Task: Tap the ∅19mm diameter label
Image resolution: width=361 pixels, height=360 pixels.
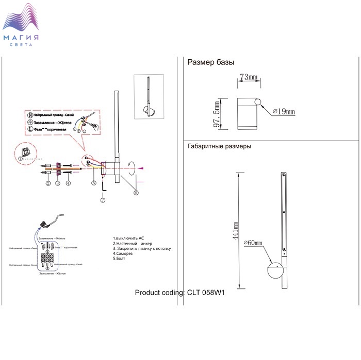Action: point(283,111)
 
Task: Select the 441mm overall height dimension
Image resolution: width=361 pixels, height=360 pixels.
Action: point(236,232)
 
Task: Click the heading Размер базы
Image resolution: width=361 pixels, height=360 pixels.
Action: point(211,63)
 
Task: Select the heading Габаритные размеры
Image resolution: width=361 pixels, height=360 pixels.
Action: point(219,146)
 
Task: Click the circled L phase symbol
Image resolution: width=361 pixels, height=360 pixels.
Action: point(29,129)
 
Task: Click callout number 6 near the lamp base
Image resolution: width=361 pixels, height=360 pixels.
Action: point(136,193)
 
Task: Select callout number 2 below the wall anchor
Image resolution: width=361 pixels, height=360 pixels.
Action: point(47,183)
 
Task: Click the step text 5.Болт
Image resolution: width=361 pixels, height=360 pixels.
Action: point(120,259)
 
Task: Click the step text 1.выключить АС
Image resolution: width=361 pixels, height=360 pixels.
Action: point(129,238)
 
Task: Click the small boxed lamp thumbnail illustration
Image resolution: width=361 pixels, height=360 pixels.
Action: point(152,98)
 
